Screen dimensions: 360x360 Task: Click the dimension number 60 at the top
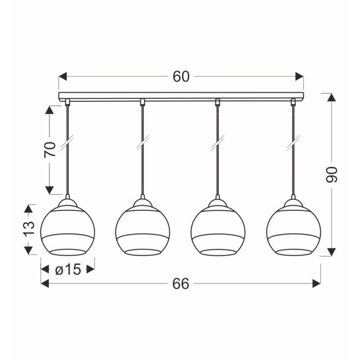click(x=181, y=77)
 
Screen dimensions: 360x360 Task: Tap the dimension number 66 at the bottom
click(x=181, y=283)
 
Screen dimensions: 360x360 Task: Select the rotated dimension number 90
click(x=332, y=174)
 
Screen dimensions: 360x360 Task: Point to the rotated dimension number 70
click(x=50, y=150)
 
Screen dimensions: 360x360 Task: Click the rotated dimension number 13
click(x=29, y=229)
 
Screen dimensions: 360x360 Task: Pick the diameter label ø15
click(x=68, y=269)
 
